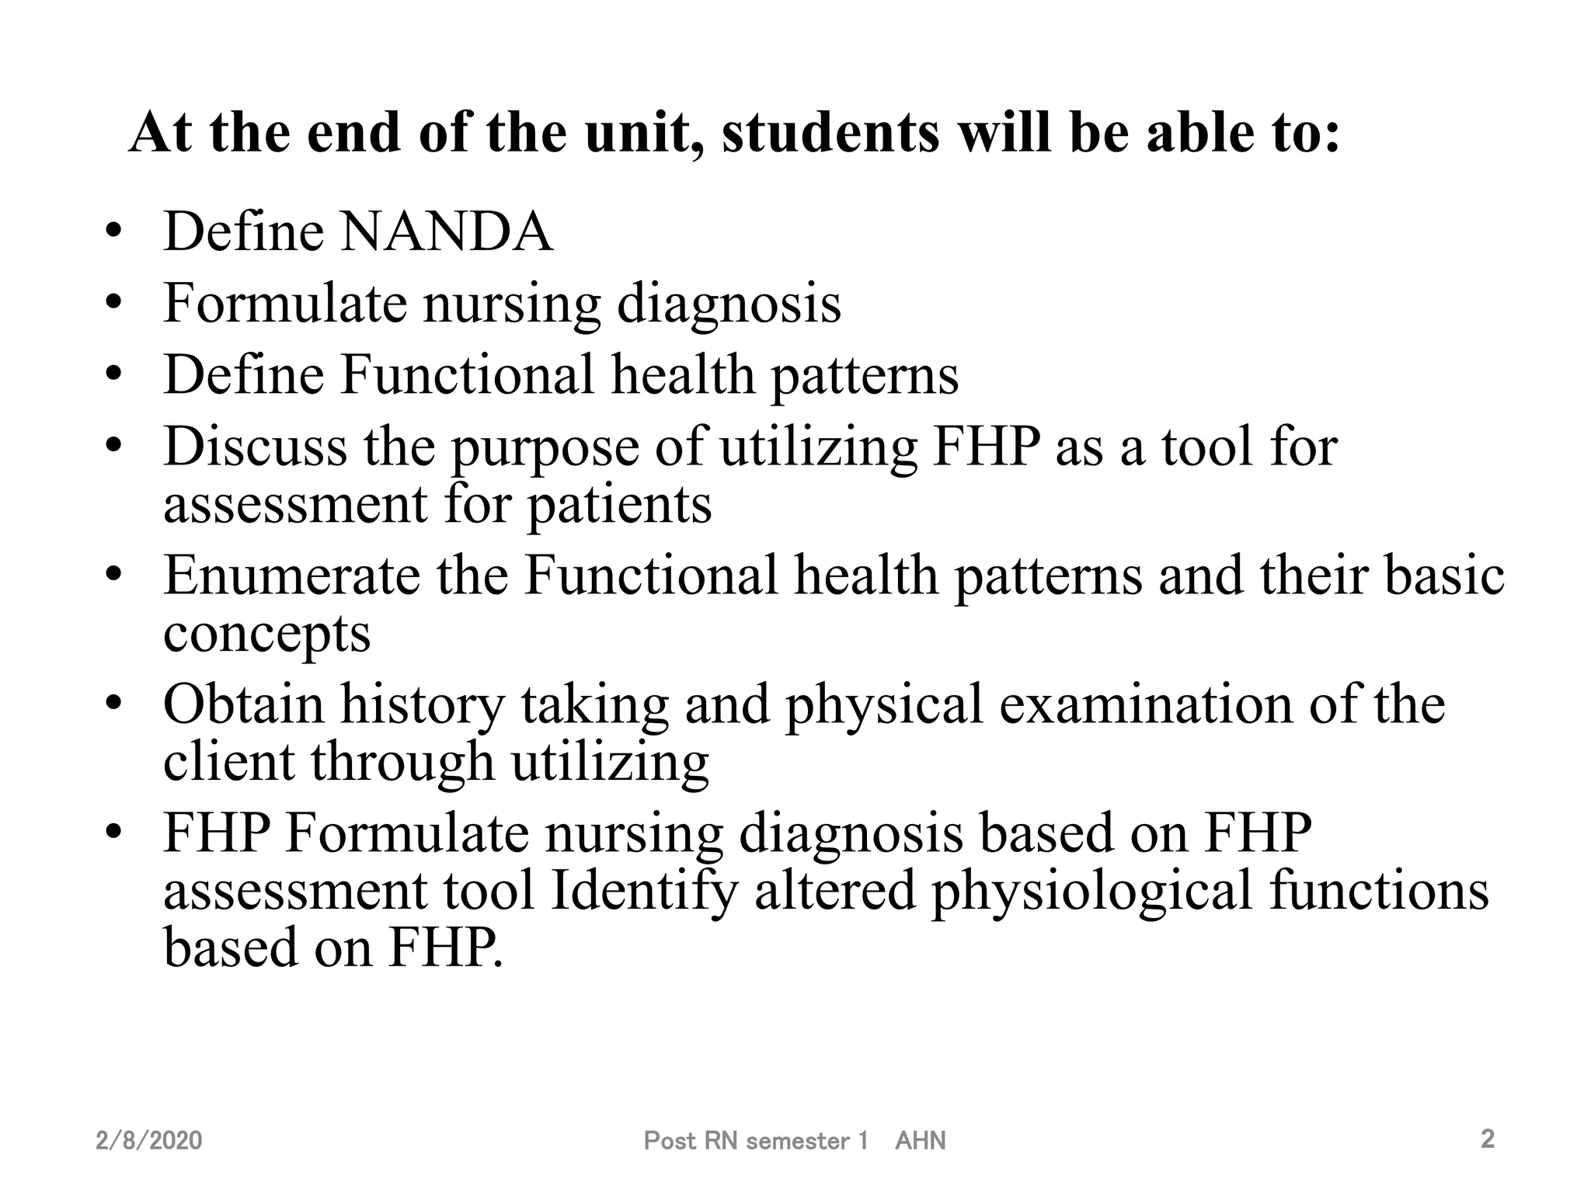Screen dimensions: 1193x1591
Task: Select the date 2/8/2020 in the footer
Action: [x=149, y=1140]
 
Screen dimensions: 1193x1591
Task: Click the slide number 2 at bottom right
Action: [x=1487, y=1139]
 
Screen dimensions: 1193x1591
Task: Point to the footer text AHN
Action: [x=920, y=1140]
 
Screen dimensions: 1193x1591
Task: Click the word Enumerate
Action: [x=291, y=576]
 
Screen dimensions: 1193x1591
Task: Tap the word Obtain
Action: [x=243, y=704]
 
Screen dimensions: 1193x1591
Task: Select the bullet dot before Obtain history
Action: [x=114, y=704]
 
